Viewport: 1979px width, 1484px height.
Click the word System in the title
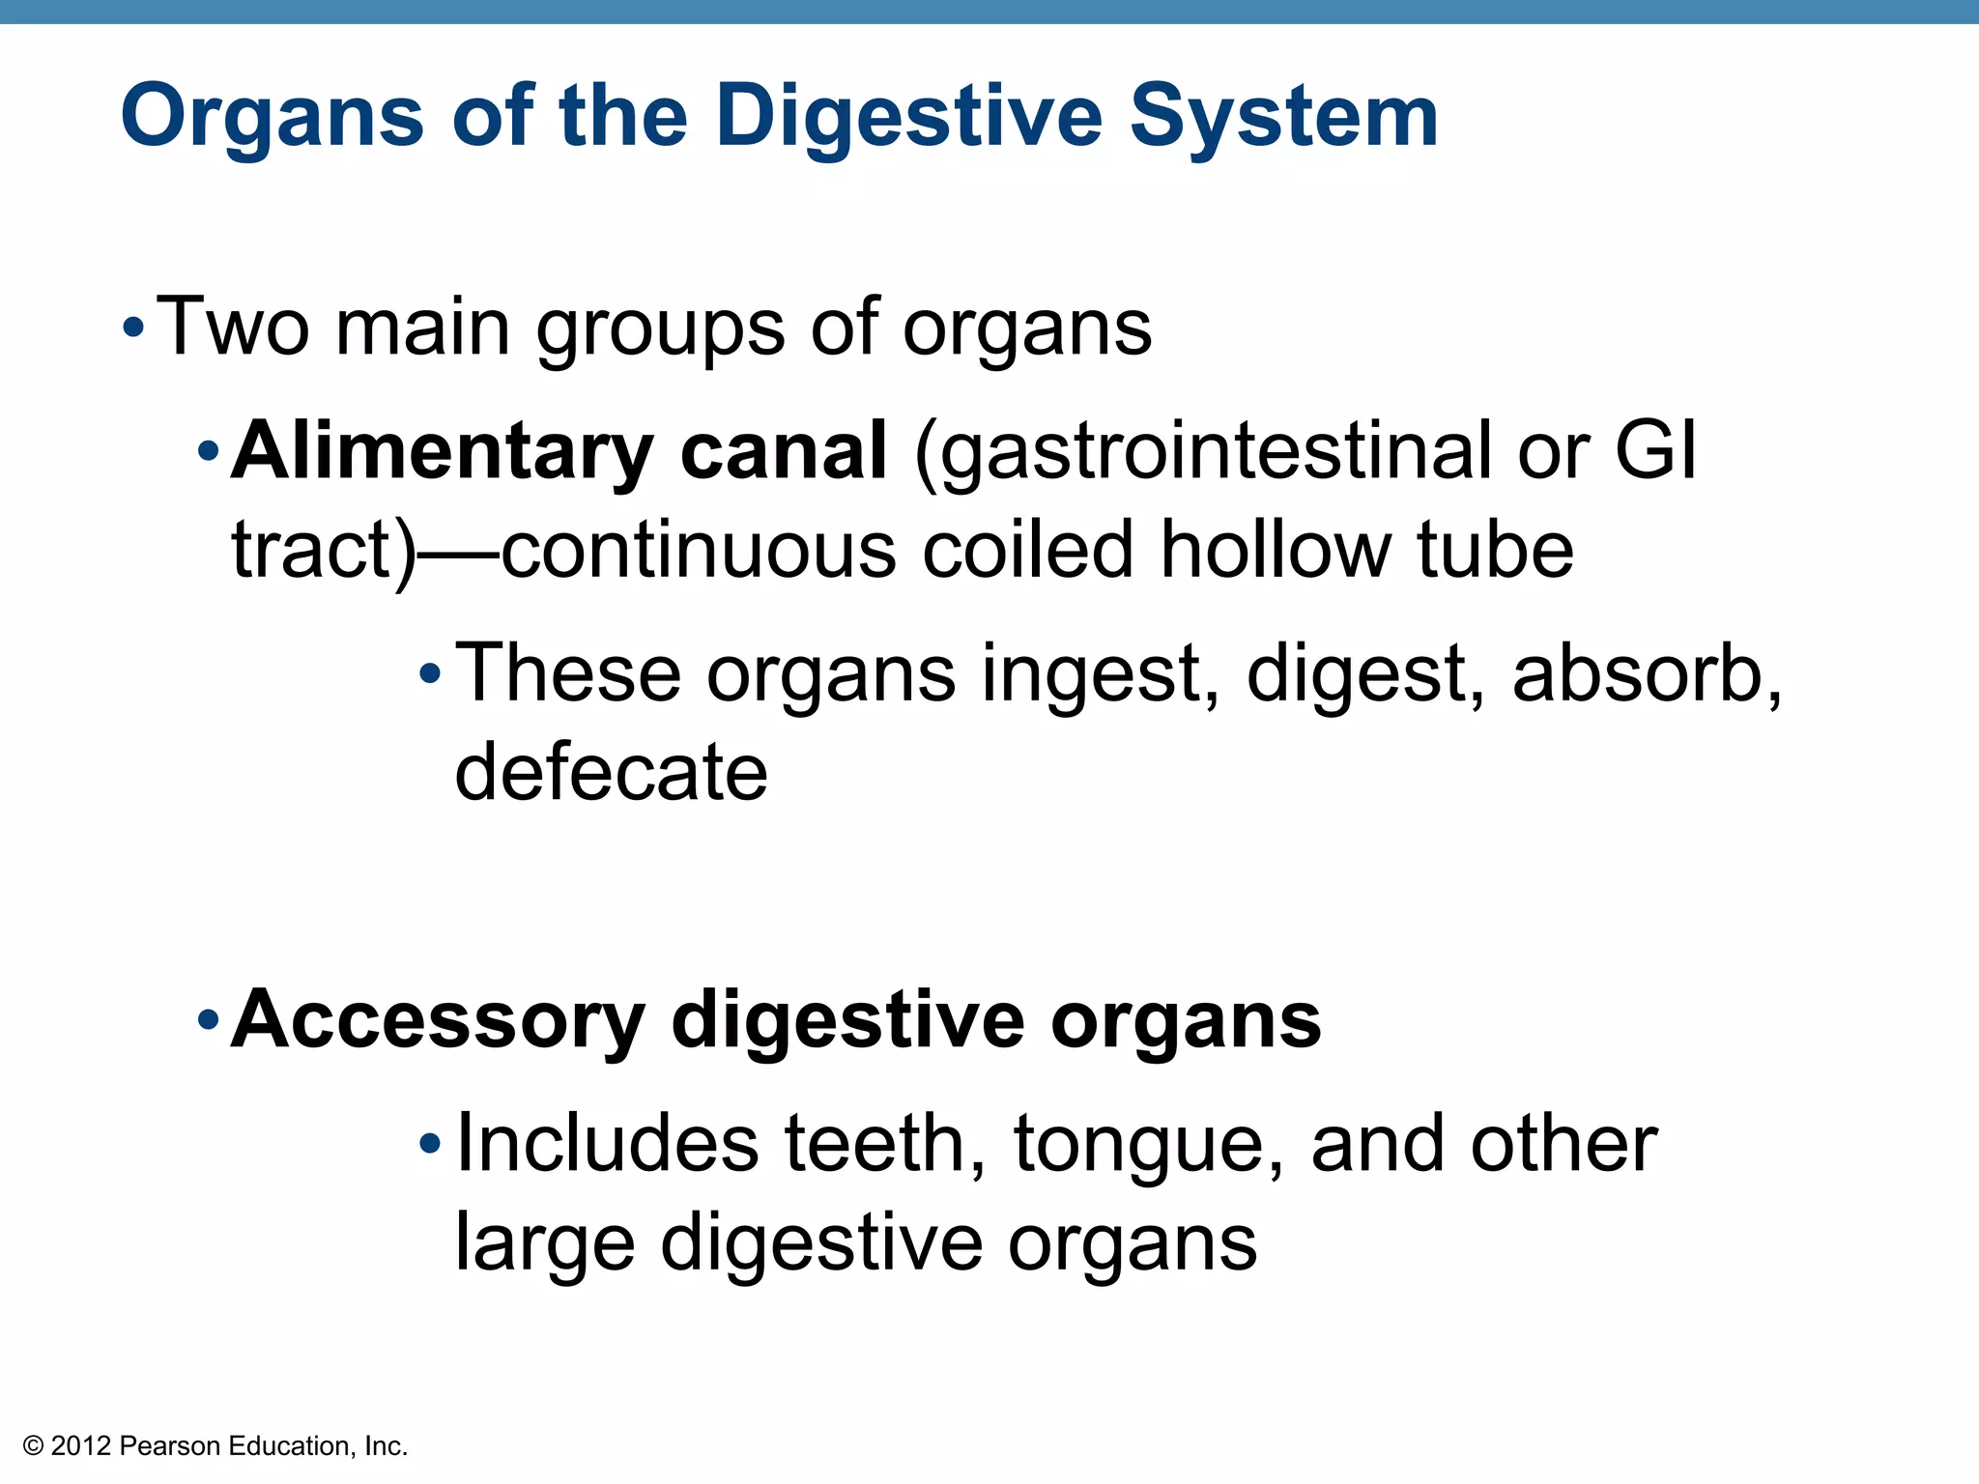(x=1284, y=118)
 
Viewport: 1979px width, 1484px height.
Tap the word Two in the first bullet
(x=232, y=327)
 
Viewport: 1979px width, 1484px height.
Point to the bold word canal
(x=784, y=451)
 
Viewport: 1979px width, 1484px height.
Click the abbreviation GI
(x=1655, y=451)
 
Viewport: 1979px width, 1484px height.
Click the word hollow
(x=1276, y=550)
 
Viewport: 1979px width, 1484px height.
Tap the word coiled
(x=1028, y=550)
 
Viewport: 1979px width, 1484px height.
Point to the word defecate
(x=611, y=772)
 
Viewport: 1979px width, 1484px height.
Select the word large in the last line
(x=545, y=1244)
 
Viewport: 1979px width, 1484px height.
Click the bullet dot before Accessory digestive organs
(x=208, y=1020)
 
